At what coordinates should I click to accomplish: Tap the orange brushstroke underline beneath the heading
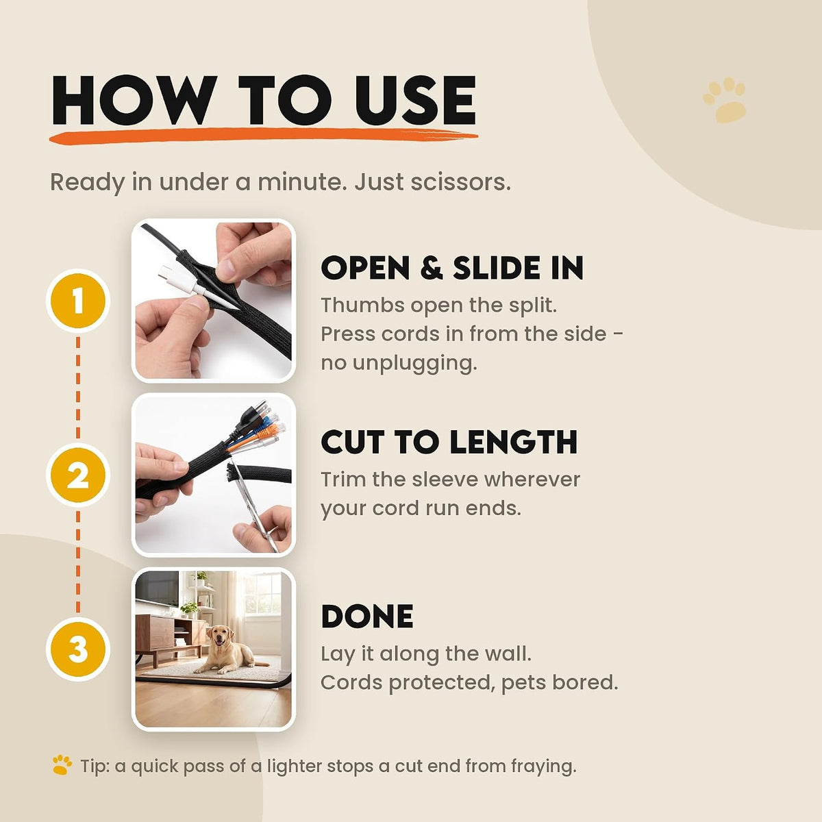point(263,136)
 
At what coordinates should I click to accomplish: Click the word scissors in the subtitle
point(460,183)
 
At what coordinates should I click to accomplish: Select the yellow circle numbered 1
point(77,300)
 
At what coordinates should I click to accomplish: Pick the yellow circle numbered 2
point(77,475)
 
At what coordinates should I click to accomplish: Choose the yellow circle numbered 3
point(77,649)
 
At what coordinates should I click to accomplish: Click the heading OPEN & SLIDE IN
point(452,268)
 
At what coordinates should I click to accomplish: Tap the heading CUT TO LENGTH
point(449,442)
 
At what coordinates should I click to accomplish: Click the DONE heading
point(367,616)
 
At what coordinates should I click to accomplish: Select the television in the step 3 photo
point(157,588)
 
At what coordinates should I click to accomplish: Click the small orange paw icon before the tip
point(62,765)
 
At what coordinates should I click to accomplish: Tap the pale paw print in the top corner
point(724,100)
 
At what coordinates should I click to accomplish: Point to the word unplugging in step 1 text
point(413,364)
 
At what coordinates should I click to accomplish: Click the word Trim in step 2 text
point(342,480)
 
